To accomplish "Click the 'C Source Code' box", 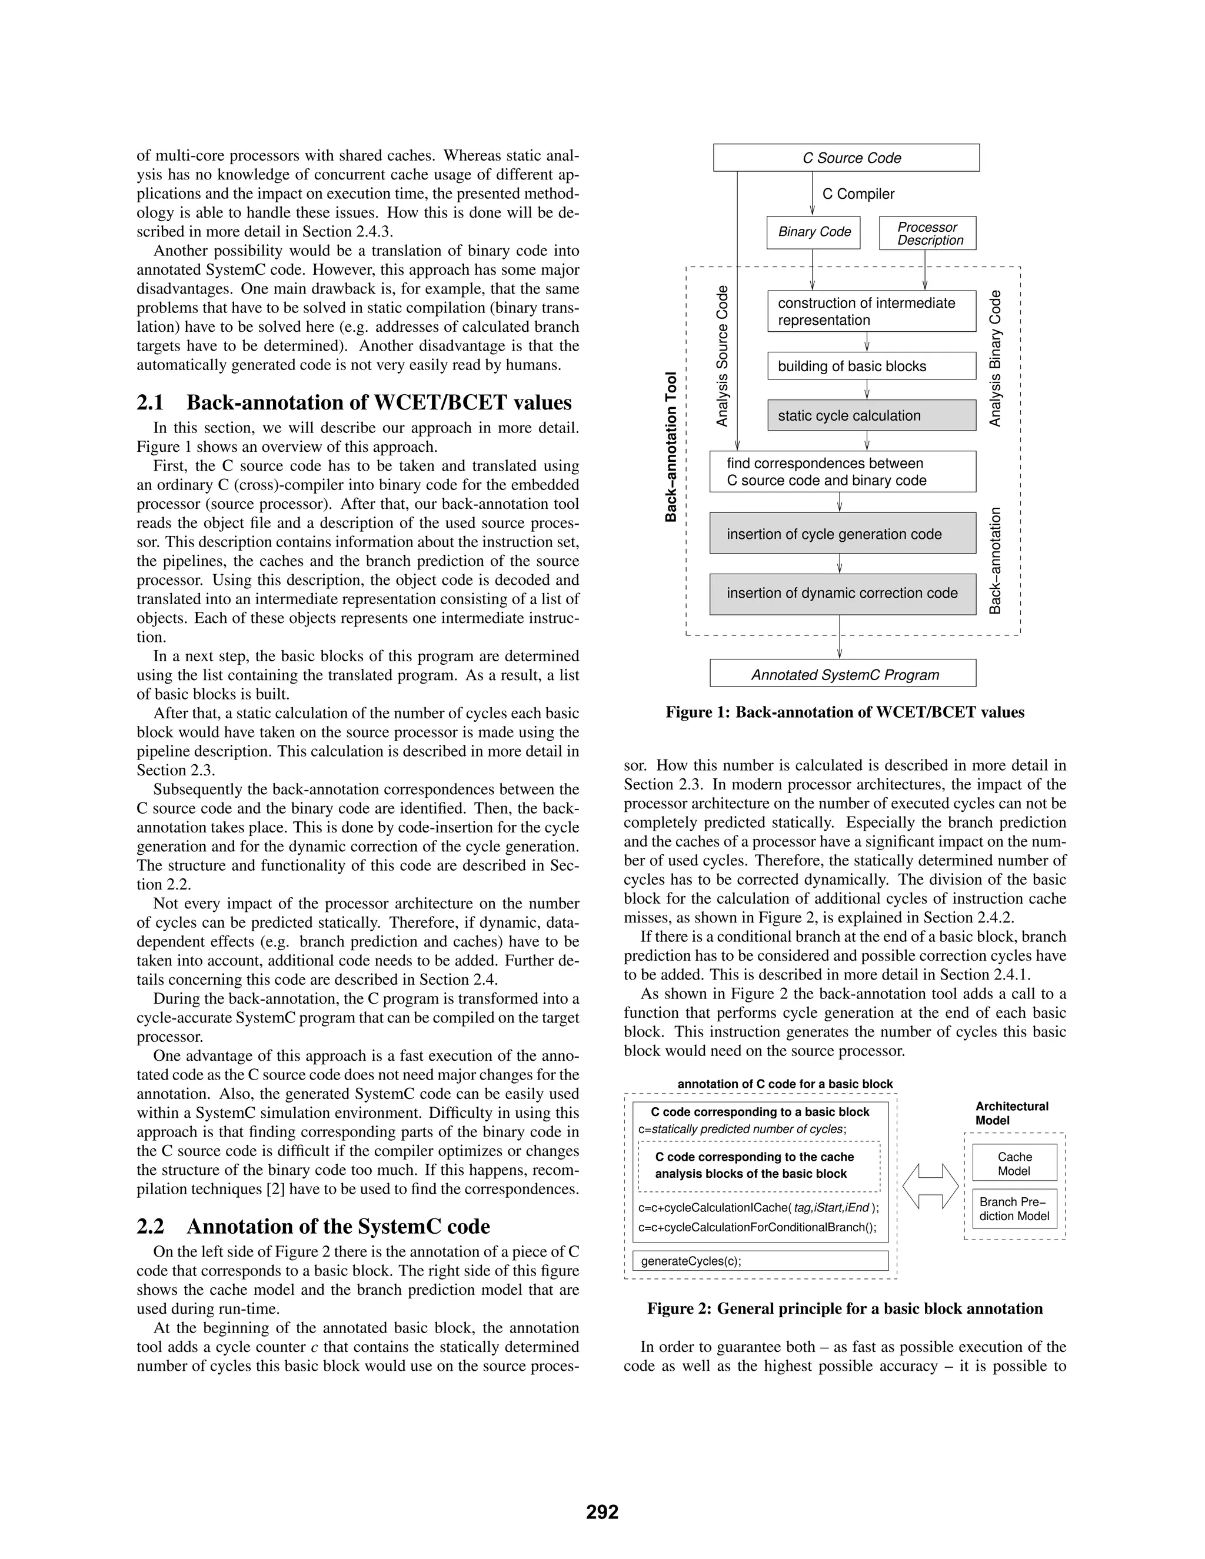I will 846,158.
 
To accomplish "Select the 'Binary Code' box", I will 813,232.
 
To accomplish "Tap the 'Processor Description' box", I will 927,234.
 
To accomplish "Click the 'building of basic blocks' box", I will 871,366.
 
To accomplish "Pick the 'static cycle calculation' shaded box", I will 871,415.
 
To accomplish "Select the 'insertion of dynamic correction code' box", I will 843,593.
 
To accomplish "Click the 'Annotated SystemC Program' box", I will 843,675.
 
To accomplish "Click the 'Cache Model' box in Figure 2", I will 1014,1164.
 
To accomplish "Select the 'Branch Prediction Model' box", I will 1014,1208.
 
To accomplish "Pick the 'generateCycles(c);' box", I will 760,1261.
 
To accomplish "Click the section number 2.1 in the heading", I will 150,402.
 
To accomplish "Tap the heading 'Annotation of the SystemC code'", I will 338,1227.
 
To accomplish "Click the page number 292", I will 602,1512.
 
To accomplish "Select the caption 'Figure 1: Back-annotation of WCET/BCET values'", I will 844,712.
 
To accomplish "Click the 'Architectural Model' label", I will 1011,1113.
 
